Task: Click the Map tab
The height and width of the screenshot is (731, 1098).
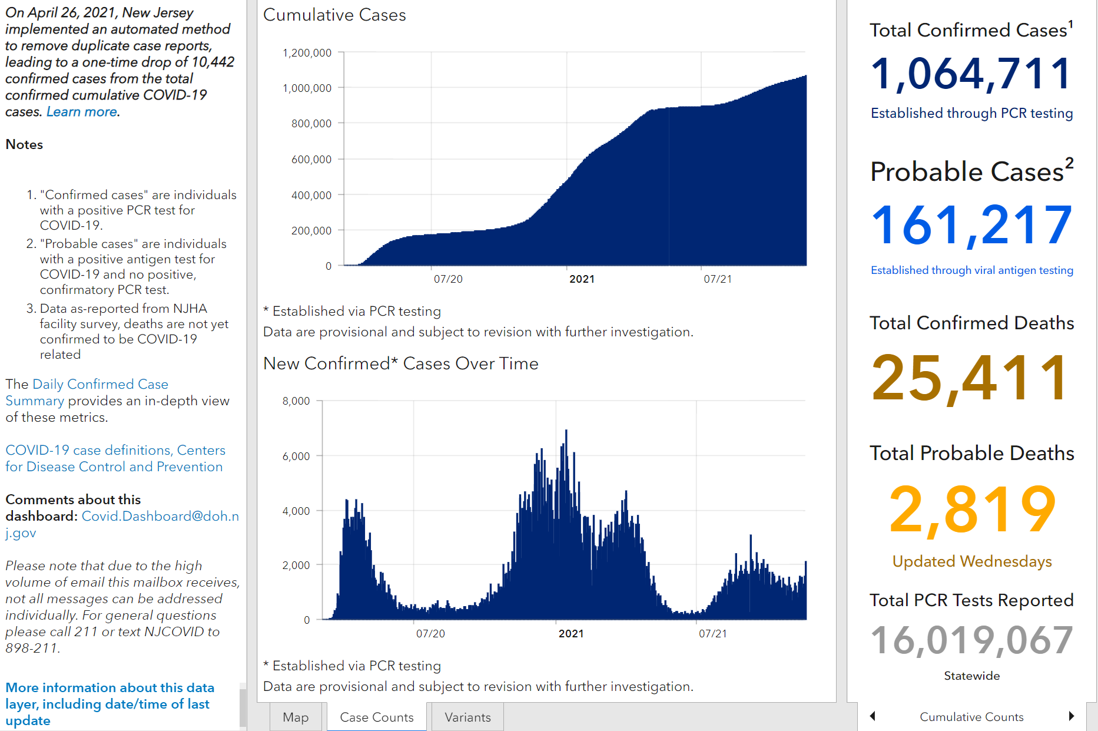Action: [296, 717]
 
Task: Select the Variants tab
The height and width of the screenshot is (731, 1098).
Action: [467, 717]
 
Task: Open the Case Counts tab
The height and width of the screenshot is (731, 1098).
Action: [377, 717]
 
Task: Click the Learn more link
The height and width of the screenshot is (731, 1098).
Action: [82, 112]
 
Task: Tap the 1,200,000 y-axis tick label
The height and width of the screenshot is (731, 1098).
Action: [307, 53]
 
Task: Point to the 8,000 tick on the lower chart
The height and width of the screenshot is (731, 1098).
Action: [296, 401]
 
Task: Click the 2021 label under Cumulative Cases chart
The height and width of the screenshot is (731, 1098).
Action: [582, 279]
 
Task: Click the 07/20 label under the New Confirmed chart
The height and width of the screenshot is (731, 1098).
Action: [430, 634]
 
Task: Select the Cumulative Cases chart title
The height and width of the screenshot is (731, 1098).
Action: [334, 15]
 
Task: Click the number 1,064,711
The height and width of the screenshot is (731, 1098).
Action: [971, 74]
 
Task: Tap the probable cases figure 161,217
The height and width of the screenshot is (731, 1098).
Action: [971, 225]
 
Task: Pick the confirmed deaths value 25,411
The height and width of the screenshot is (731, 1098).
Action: [970, 378]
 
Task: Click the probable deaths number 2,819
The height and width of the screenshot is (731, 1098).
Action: [972, 509]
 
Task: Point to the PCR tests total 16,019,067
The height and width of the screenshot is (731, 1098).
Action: [971, 640]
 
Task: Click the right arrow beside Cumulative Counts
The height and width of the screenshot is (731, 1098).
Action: [1072, 716]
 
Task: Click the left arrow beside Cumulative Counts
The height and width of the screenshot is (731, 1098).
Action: [873, 716]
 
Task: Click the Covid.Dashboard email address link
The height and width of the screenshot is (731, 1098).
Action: [122, 524]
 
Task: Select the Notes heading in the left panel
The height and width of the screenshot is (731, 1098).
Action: [24, 144]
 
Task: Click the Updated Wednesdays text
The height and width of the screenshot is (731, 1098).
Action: [972, 561]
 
